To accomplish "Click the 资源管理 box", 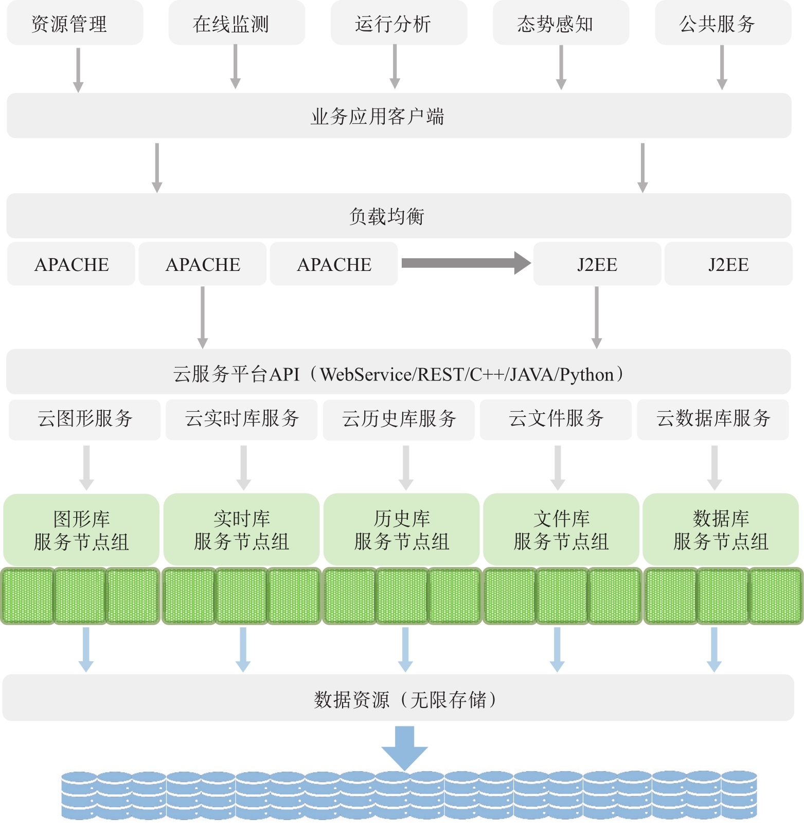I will click(x=75, y=24).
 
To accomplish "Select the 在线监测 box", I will click(x=237, y=24).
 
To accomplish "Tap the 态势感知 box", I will click(x=561, y=24).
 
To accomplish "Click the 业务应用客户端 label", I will click(x=377, y=117).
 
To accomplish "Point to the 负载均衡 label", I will click(x=387, y=216).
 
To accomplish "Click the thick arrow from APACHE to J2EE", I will click(x=466, y=263).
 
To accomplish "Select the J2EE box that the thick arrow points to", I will click(x=597, y=264).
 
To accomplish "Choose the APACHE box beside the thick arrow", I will click(x=334, y=264).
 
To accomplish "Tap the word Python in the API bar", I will click(x=587, y=374).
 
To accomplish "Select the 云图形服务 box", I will click(x=85, y=419).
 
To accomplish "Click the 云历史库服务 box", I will click(x=399, y=419).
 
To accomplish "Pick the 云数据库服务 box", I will click(x=713, y=419).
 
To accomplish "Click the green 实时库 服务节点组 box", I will click(x=242, y=530).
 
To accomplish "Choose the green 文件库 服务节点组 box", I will click(x=561, y=530).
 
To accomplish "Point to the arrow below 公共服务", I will click(x=722, y=67).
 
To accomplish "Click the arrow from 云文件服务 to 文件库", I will click(x=558, y=467).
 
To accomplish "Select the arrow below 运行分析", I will click(x=395, y=67).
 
